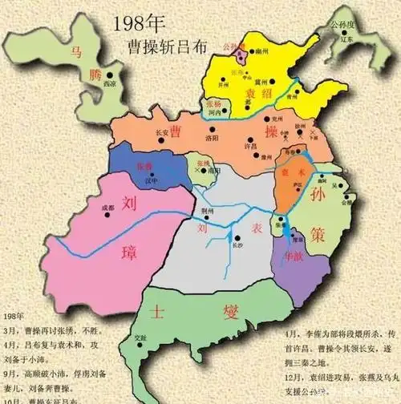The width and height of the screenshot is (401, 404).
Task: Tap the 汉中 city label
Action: [143, 179]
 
